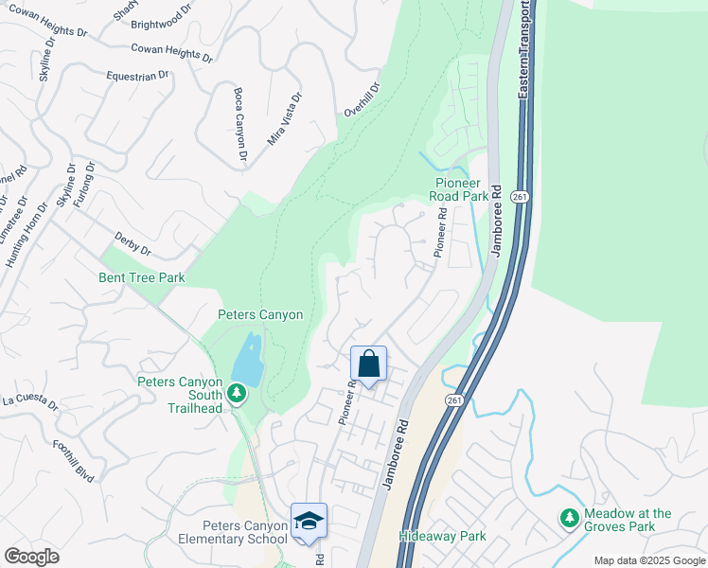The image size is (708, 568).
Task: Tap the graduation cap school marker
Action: pyautogui.click(x=309, y=522)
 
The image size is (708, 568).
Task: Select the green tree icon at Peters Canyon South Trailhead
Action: pyautogui.click(x=236, y=391)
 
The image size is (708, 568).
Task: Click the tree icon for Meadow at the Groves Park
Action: pyautogui.click(x=569, y=518)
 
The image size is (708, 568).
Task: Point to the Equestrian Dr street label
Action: pyautogui.click(x=137, y=74)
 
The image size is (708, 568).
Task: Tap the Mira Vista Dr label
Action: pyautogui.click(x=285, y=117)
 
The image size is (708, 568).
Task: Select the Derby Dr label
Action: pyautogui.click(x=133, y=242)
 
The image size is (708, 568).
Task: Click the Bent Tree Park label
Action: pyautogui.click(x=142, y=278)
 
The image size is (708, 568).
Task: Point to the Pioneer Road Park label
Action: pyautogui.click(x=461, y=189)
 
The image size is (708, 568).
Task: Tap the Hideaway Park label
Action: pyautogui.click(x=442, y=537)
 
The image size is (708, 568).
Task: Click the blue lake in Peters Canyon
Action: pyautogui.click(x=246, y=357)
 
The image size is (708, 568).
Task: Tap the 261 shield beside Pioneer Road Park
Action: pyautogui.click(x=519, y=196)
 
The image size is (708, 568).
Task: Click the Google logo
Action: pyautogui.click(x=31, y=556)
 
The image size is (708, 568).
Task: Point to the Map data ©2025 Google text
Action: pyautogui.click(x=648, y=560)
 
